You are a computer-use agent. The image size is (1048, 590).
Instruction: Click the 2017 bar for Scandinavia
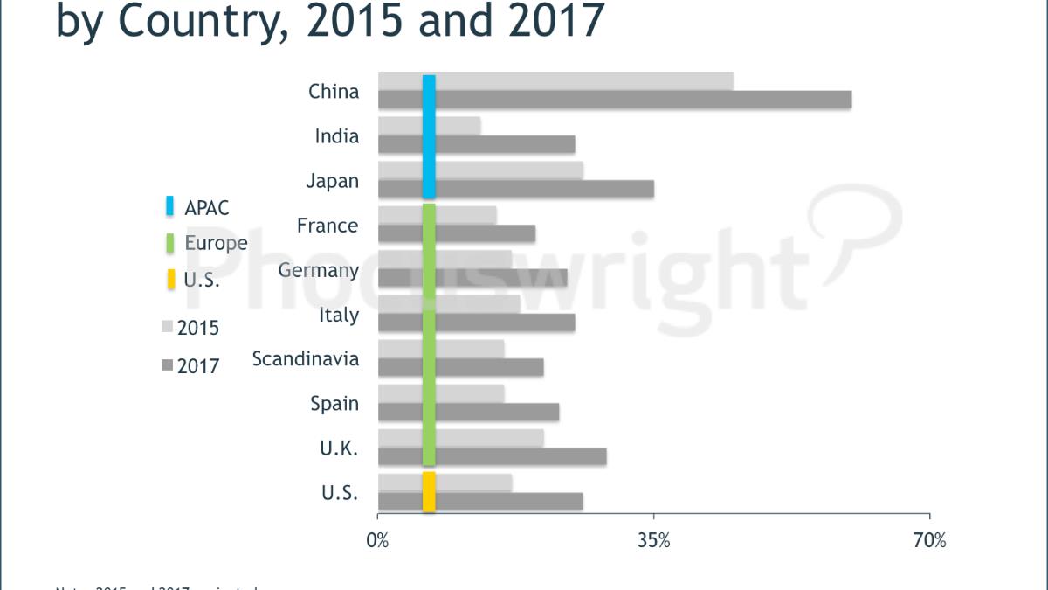pyautogui.click(x=488, y=367)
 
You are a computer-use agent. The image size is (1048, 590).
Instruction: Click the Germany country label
pyautogui.click(x=318, y=270)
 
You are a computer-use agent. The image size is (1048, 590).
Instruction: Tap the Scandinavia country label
pyautogui.click(x=305, y=359)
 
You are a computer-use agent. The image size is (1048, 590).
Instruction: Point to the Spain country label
pyautogui.click(x=334, y=404)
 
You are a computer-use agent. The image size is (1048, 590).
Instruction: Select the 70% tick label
pyautogui.click(x=929, y=541)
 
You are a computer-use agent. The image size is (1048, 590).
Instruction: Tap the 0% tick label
pyautogui.click(x=377, y=541)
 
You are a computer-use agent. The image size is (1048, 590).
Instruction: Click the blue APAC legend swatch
pyautogui.click(x=170, y=207)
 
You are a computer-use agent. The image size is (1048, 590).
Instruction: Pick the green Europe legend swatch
pyautogui.click(x=170, y=243)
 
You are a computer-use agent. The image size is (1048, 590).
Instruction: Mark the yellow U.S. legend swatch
pyautogui.click(x=170, y=281)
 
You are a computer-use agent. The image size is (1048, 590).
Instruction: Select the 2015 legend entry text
pyautogui.click(x=197, y=329)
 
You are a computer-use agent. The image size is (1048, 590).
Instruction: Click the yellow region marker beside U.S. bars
pyautogui.click(x=429, y=491)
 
